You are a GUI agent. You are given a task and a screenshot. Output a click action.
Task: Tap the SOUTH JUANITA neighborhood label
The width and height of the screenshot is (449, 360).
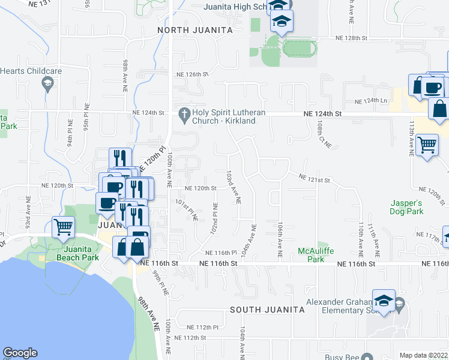(268, 310)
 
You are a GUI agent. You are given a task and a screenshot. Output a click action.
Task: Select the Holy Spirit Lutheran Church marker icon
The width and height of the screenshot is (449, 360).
(184, 113)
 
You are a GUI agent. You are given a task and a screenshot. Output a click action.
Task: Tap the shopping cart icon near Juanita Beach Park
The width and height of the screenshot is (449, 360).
(64, 227)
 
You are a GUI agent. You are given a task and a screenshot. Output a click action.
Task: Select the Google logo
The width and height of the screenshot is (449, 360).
(20, 353)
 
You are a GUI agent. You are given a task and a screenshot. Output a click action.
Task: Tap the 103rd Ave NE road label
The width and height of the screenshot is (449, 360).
(233, 187)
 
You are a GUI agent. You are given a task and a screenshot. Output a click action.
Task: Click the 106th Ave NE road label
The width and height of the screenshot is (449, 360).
(280, 239)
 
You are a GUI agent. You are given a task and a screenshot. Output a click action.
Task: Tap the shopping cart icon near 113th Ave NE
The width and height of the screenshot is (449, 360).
(427, 144)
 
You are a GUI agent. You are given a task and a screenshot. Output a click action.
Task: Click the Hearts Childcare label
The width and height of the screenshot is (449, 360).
(31, 71)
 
